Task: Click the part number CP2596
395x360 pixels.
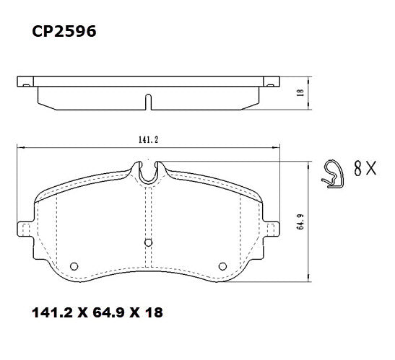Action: [64, 32]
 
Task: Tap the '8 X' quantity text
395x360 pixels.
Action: [365, 170]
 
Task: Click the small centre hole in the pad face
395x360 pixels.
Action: [147, 242]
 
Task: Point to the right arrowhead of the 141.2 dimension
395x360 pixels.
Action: [277, 146]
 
